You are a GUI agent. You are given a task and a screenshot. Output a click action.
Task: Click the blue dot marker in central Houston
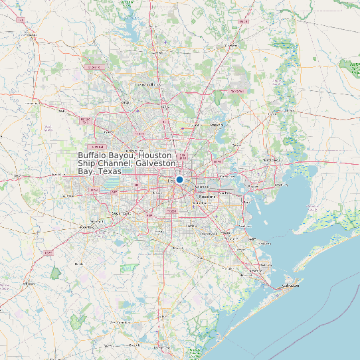[179, 179]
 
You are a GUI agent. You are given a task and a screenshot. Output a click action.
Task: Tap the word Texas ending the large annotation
[109, 171]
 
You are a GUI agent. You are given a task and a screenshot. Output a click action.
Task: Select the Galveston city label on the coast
[291, 285]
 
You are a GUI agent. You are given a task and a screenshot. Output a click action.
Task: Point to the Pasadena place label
[208, 197]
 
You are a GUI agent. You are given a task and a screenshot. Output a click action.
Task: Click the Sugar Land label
[122, 213]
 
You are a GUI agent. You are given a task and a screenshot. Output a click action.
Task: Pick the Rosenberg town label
[86, 227]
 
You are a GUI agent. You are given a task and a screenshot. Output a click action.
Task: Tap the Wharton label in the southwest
[28, 284]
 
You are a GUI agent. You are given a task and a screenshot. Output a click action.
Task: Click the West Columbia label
[121, 321]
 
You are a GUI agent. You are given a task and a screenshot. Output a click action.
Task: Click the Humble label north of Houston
[197, 124]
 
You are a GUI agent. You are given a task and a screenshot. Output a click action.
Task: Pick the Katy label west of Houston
[68, 196]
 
